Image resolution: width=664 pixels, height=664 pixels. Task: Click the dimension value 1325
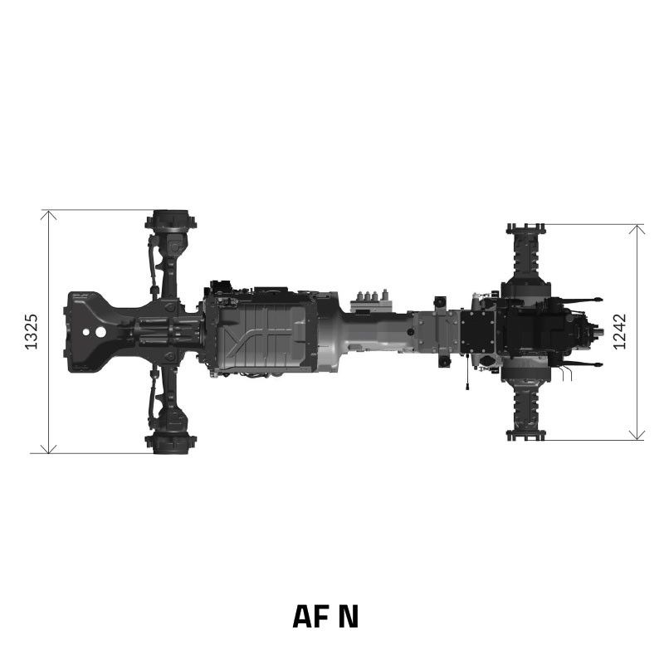tap(32, 331)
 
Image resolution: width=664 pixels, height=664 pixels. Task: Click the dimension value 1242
tap(620, 331)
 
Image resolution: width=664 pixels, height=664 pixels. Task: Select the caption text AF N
tap(325, 616)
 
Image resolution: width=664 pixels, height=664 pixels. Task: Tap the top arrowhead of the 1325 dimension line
tap(49, 214)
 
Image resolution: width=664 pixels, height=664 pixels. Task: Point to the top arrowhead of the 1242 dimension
tap(637, 228)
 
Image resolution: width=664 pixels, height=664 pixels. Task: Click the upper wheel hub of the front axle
tap(170, 222)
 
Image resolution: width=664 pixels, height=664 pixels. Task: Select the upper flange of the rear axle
tap(525, 228)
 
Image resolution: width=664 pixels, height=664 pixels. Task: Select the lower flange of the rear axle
tap(525, 434)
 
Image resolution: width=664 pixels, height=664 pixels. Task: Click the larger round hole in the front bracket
tap(100, 331)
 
